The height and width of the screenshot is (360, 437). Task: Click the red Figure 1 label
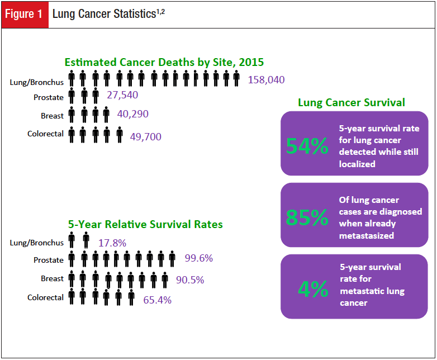(x=24, y=14)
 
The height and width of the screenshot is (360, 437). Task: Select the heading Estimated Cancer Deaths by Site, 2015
(x=164, y=62)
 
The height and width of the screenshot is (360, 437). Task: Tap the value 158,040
(x=266, y=80)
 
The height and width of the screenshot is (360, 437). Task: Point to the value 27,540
(x=122, y=95)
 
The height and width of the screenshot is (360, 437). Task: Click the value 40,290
(x=132, y=114)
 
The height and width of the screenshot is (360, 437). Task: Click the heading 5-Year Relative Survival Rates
(x=145, y=224)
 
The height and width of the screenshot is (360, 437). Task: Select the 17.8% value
(x=112, y=243)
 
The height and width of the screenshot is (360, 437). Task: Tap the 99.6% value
(x=198, y=258)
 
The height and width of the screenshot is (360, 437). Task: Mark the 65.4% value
(x=158, y=300)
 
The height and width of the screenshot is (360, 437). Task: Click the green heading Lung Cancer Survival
(x=351, y=102)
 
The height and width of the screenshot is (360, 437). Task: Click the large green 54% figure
(x=307, y=146)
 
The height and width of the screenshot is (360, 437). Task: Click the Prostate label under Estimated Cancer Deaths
(x=49, y=97)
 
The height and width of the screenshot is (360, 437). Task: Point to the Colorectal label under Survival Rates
(x=45, y=297)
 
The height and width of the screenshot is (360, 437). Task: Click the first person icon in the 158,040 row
(x=72, y=79)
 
